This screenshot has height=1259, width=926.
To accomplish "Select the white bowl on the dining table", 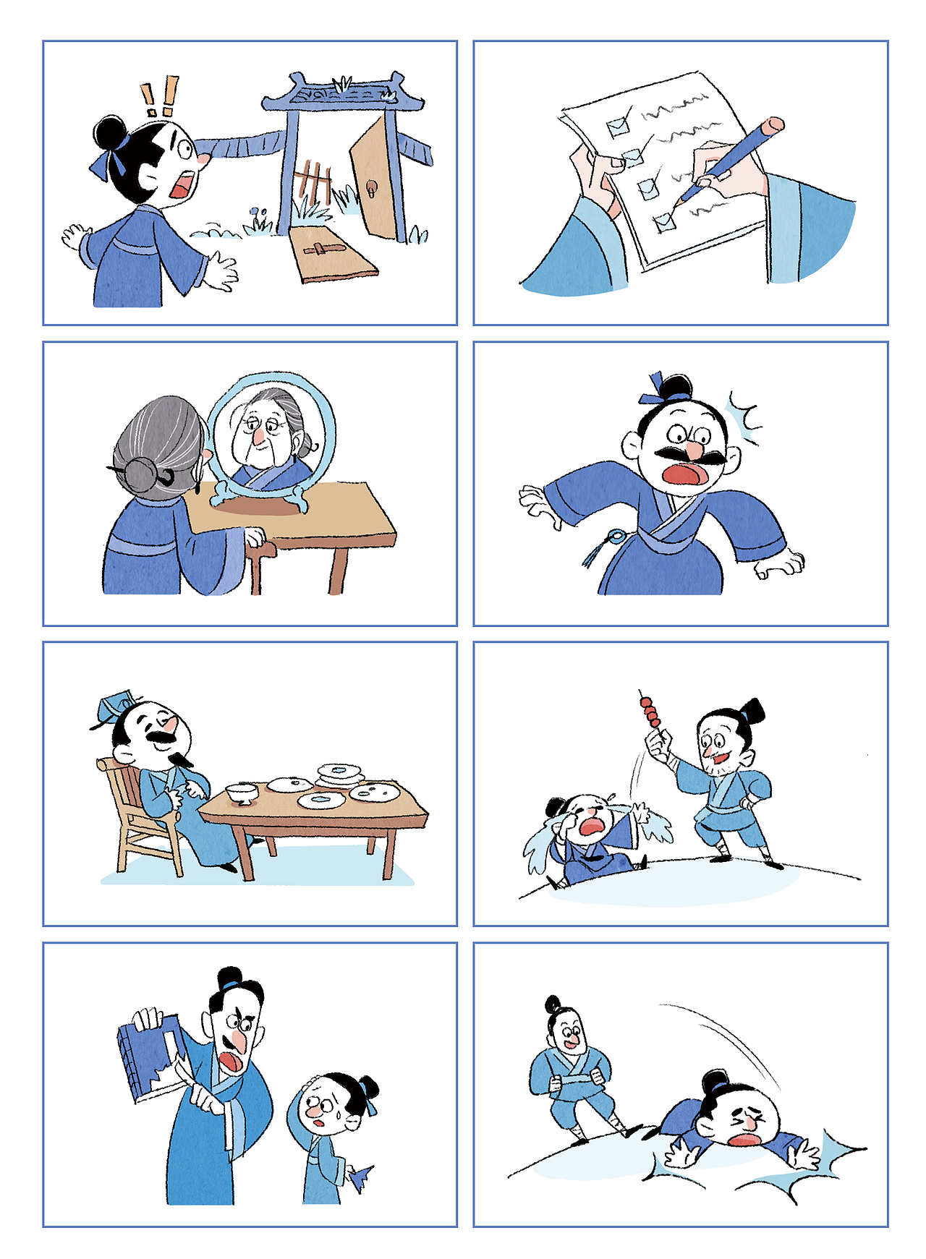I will tap(241, 793).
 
